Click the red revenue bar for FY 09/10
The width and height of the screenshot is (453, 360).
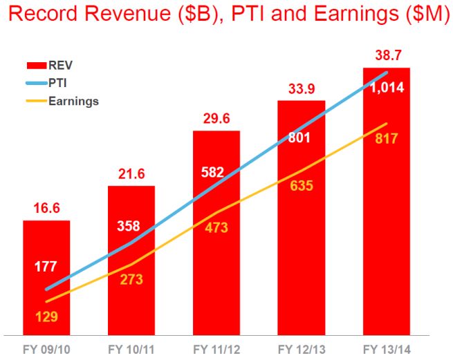[x=46, y=276]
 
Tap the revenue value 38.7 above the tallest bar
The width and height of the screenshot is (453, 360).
[x=387, y=55]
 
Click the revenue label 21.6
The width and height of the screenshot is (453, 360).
[x=131, y=174]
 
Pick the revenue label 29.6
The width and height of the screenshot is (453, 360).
[x=216, y=118]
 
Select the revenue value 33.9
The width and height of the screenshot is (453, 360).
[x=302, y=88]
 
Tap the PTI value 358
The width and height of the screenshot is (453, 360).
[x=131, y=226]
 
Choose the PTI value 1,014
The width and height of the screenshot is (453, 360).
[x=387, y=88]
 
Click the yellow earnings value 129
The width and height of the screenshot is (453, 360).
[x=46, y=317]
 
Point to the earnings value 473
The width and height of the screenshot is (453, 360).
[x=216, y=227]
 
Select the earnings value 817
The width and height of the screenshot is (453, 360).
[x=387, y=138]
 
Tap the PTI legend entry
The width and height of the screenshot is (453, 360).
[x=58, y=83]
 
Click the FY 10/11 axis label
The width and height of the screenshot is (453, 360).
[x=131, y=348]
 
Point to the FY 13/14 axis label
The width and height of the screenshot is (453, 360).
[x=387, y=348]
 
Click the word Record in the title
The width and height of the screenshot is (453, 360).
[x=42, y=15]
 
